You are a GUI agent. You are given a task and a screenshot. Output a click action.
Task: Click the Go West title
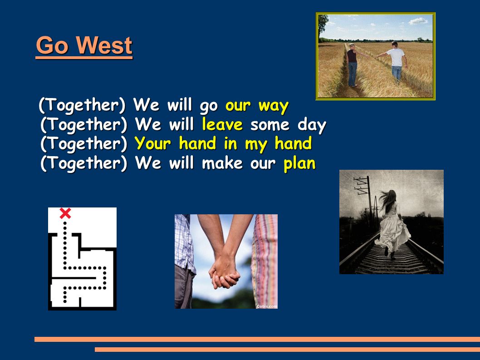point(84,45)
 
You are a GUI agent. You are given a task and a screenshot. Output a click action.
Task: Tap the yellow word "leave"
point(222,124)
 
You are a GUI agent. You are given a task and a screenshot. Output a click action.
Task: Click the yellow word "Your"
point(153,143)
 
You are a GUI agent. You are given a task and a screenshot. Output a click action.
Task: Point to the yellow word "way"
point(274,106)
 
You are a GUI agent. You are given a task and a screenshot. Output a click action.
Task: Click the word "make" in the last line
point(222,163)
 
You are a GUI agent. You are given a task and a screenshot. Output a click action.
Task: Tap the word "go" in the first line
point(209,106)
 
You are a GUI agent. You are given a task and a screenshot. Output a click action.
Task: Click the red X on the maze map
point(65,213)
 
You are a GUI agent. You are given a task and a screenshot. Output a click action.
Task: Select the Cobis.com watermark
point(267,306)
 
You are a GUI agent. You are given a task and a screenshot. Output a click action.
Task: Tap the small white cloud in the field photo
point(418,21)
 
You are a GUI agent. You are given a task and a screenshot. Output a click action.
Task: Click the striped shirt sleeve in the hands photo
point(264,261)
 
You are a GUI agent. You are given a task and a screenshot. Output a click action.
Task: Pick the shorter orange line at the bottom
point(288,350)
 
